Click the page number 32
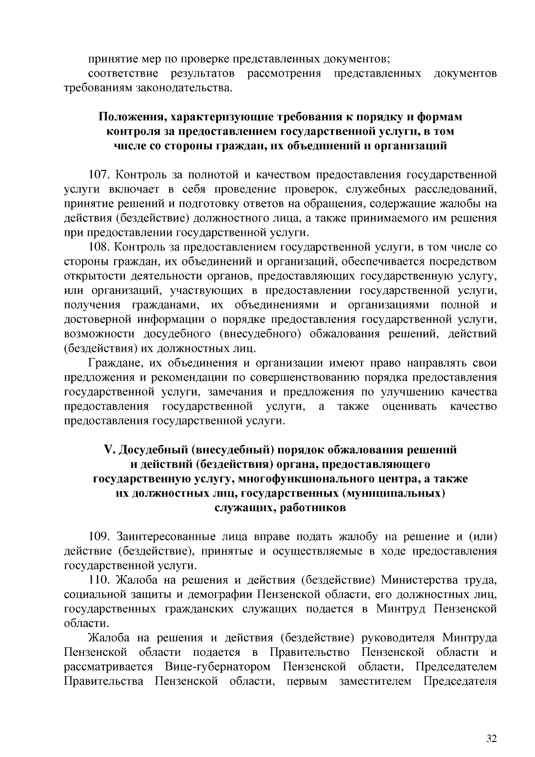(491, 726)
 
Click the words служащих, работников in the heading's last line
(280, 508)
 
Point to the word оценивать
(409, 407)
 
